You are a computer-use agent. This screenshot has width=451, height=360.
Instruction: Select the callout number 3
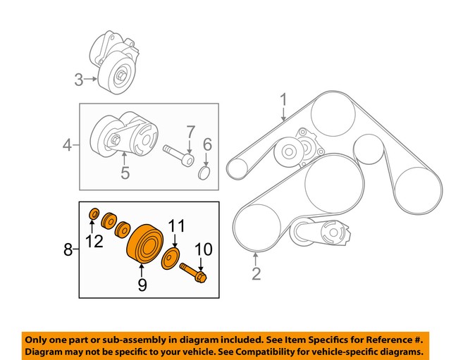79,80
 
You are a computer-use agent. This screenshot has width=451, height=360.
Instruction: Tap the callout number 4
68,146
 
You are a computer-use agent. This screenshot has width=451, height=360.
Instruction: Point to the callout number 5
125,171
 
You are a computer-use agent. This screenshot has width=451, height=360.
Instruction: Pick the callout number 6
207,145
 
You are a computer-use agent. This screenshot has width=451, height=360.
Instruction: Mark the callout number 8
68,249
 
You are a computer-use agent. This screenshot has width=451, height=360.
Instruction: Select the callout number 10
204,249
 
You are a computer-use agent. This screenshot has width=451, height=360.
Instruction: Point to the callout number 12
94,242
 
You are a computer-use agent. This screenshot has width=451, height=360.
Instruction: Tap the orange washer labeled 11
170,258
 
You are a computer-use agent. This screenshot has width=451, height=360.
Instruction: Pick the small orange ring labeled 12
94,213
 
